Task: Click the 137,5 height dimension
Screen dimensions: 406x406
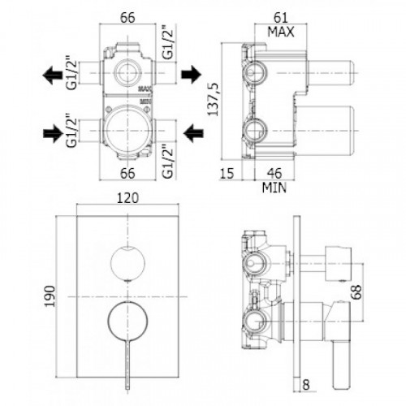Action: tap(214, 99)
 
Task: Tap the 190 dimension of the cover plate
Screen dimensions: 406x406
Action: tap(50, 296)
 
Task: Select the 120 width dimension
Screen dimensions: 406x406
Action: tap(127, 198)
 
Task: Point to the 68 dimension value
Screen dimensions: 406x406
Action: tap(357, 292)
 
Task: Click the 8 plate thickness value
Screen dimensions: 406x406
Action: tap(306, 385)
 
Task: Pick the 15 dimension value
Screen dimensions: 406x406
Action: tap(227, 173)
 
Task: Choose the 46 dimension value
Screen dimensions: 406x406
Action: tap(274, 173)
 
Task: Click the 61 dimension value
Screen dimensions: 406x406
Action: tap(280, 18)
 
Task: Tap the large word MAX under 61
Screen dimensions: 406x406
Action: tap(281, 32)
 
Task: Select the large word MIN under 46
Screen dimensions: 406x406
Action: tap(274, 188)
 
